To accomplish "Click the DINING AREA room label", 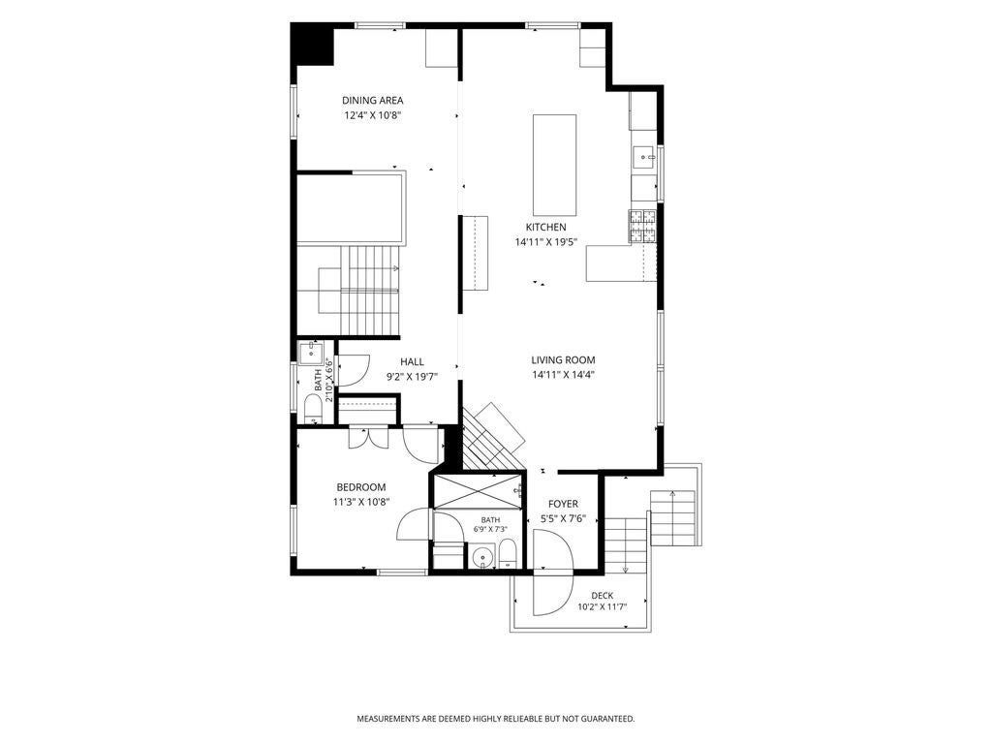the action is tap(373, 100).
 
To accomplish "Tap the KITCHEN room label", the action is tap(546, 227).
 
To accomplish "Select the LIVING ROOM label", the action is tap(563, 360).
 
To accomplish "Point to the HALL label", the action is tap(412, 362).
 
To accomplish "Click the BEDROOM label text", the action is tap(361, 487).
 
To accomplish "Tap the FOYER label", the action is tap(563, 504).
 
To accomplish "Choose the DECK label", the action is tap(603, 596).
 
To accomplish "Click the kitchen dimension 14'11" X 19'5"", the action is tap(546, 241).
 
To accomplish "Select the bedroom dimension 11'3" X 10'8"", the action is tap(361, 503).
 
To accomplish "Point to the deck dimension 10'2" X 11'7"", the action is tap(603, 607).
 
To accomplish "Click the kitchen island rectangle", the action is tap(555, 165).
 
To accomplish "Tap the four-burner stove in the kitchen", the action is tap(643, 227).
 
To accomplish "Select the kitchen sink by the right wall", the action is tap(645, 156).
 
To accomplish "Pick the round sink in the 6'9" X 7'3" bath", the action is tap(483, 557).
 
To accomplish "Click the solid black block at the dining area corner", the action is tap(312, 45).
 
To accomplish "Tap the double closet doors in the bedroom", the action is tap(369, 438).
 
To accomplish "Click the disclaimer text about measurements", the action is tap(496, 719).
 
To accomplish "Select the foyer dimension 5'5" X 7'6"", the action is tap(563, 519).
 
